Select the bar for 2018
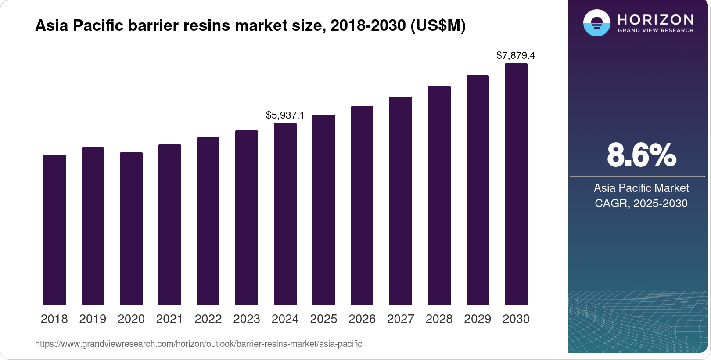click(54, 229)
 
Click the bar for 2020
click(131, 228)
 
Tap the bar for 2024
click(285, 214)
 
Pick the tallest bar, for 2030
click(516, 184)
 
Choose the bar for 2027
click(401, 201)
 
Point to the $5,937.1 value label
click(285, 115)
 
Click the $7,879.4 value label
click(516, 55)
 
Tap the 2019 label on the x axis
click(93, 319)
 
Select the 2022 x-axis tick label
click(208, 319)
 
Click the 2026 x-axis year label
click(362, 319)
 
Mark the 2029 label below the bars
click(478, 319)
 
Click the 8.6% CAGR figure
click(641, 155)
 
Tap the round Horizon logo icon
click(596, 23)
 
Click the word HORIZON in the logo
click(656, 19)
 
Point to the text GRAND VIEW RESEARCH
click(656, 31)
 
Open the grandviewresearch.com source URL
click(198, 344)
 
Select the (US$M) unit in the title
click(438, 25)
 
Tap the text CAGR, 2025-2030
click(641, 203)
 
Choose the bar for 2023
click(247, 217)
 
